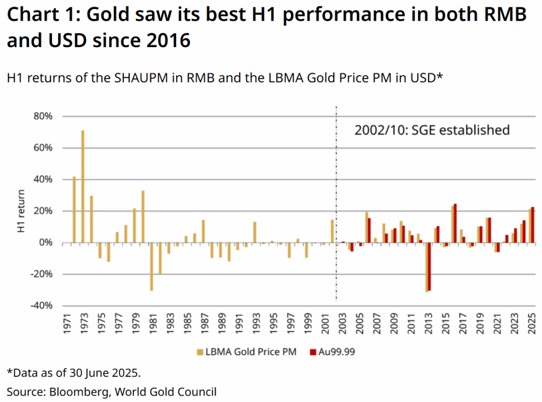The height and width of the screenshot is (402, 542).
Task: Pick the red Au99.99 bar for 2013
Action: (x=429, y=267)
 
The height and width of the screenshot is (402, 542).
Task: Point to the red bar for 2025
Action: (x=532, y=225)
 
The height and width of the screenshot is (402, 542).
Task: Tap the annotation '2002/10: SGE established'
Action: (x=431, y=130)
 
